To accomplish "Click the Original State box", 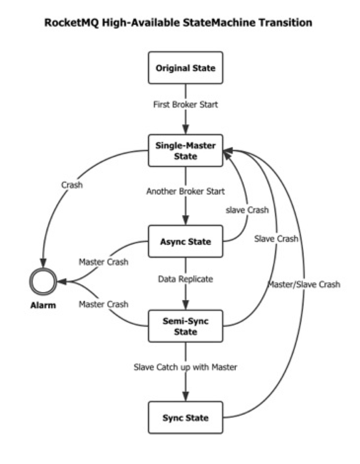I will click(x=186, y=68).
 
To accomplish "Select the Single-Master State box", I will click(x=186, y=151).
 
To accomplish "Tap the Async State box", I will click(x=186, y=242).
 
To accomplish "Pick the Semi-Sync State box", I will click(x=186, y=326).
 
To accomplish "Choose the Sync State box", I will click(x=186, y=418).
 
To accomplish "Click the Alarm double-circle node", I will click(x=43, y=281).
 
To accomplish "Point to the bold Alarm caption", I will click(x=43, y=305).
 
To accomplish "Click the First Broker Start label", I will click(x=186, y=105).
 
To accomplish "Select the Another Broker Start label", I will click(x=186, y=191).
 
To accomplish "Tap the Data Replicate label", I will click(x=186, y=279).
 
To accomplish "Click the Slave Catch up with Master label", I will click(x=186, y=367).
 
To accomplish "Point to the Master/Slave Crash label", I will click(x=304, y=285).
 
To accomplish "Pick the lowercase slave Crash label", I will click(x=247, y=210).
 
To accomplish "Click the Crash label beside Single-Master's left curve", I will click(x=72, y=185).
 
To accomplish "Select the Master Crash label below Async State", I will click(x=104, y=262).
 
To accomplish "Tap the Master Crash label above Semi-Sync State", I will click(x=104, y=304).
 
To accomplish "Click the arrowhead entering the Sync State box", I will click(x=186, y=397).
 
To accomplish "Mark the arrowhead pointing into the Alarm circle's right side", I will click(x=62, y=281).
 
